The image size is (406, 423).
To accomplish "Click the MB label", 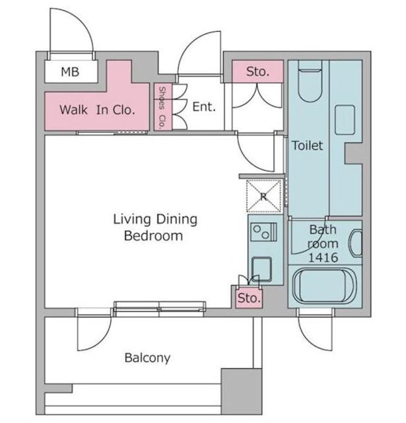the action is click(70, 72).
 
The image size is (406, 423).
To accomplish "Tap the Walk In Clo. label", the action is click(97, 110).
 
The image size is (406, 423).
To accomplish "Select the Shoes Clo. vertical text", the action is click(162, 107).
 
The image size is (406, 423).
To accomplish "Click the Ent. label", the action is click(204, 107).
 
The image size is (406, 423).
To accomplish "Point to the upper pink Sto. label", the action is click(258, 71).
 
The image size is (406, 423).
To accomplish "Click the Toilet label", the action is click(308, 145).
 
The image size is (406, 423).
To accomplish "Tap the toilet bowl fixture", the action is click(310, 81).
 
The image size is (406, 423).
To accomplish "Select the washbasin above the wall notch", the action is click(345, 120).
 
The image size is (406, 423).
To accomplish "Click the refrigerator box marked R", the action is click(264, 196).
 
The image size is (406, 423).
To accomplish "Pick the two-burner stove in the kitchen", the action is click(264, 232).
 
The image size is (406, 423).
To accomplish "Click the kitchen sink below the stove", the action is click(261, 269).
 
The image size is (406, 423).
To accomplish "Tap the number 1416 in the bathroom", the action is click(323, 258).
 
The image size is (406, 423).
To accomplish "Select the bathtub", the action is click(325, 286).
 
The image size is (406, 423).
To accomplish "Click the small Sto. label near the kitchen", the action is click(249, 298).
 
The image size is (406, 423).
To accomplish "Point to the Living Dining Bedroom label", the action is click(155, 227).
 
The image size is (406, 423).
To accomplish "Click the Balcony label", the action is click(147, 358).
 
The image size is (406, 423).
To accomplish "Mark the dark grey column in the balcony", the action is click(242, 391).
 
